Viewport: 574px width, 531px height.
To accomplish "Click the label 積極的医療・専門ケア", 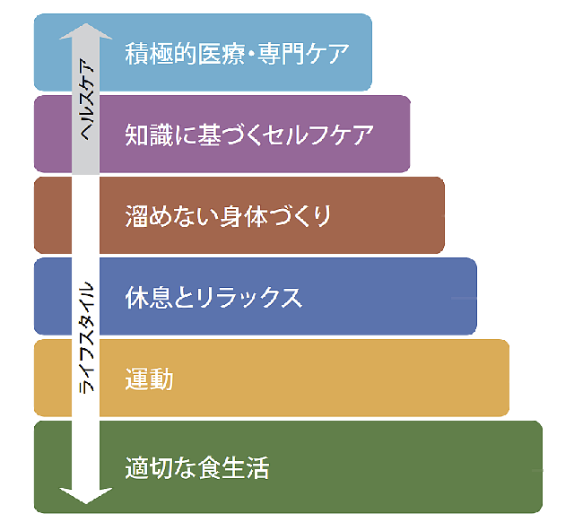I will coord(237,53).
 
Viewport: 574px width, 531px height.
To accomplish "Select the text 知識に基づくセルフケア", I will coord(248,135).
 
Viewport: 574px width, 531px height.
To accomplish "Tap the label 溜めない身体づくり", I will coord(230,216).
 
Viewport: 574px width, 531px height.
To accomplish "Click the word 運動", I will coord(149,379).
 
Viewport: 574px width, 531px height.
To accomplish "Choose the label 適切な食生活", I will coord(197,467).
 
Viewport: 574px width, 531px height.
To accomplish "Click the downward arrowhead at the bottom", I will coord(86,495).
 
